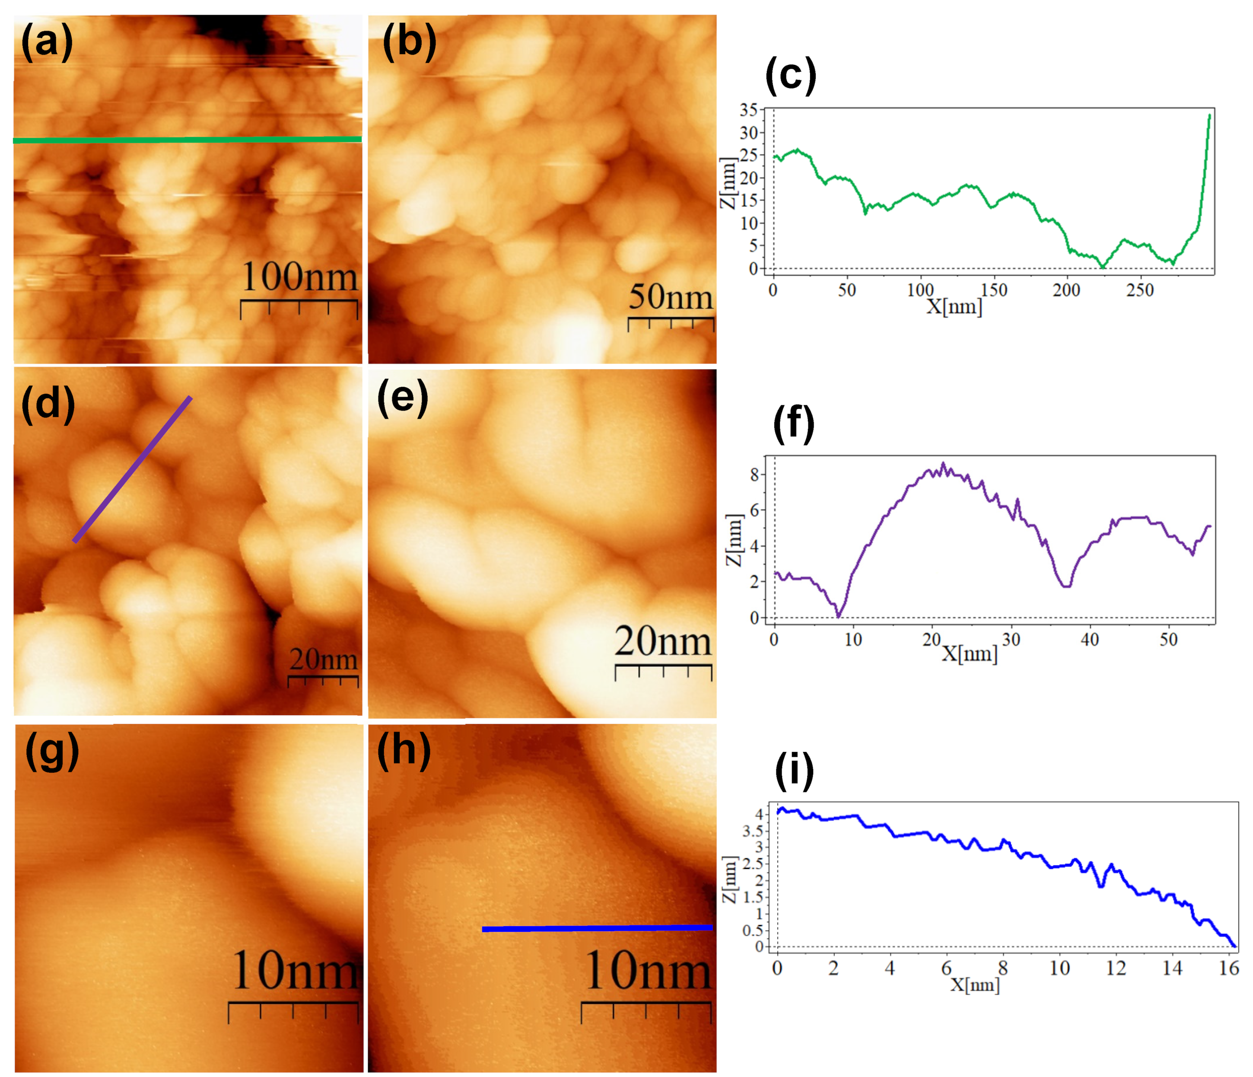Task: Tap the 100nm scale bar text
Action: (299, 277)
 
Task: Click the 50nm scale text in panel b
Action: (671, 296)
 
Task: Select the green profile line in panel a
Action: (188, 140)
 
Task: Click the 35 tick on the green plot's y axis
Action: (749, 110)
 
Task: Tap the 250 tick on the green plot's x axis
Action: (1139, 290)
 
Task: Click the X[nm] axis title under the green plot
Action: (954, 307)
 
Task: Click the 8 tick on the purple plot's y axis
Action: (754, 475)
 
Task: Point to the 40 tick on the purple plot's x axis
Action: (1089, 640)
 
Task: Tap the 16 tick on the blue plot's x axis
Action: (1228, 969)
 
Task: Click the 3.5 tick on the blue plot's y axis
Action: (752, 831)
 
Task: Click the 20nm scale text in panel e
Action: (663, 641)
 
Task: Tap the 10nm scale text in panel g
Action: (295, 971)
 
